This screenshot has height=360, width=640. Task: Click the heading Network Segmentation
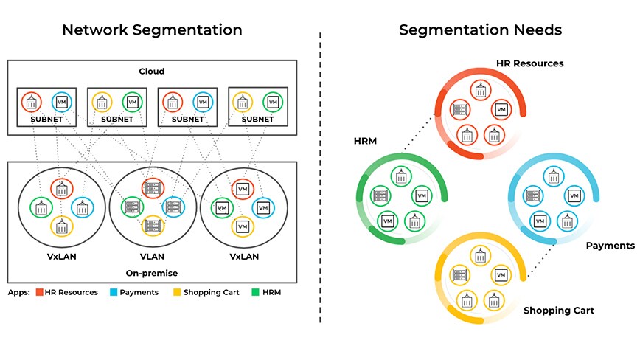click(152, 30)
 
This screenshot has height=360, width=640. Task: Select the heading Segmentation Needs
click(480, 30)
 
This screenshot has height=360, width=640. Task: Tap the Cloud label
click(152, 72)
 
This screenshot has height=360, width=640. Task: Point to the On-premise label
click(152, 273)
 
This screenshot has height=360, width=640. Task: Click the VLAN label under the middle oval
click(152, 258)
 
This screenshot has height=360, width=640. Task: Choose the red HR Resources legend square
click(39, 292)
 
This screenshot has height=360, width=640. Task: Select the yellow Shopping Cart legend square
click(176, 292)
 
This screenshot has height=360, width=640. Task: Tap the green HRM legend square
click(255, 292)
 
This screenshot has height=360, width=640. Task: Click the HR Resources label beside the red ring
click(529, 63)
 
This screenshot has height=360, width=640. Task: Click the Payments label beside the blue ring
click(610, 245)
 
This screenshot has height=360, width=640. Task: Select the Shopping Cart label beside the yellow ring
click(558, 311)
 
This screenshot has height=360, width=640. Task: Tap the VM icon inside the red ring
click(501, 110)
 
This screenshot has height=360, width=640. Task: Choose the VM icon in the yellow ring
click(501, 275)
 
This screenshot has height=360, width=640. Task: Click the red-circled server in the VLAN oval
click(153, 187)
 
